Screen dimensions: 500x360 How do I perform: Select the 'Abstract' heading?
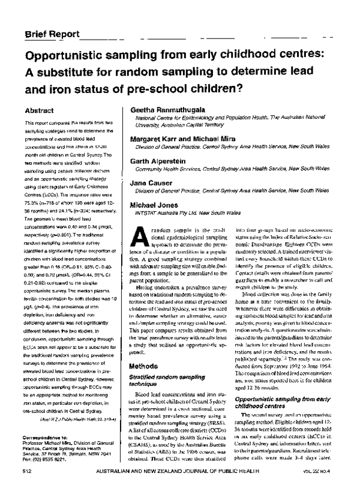(x=40, y=111)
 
